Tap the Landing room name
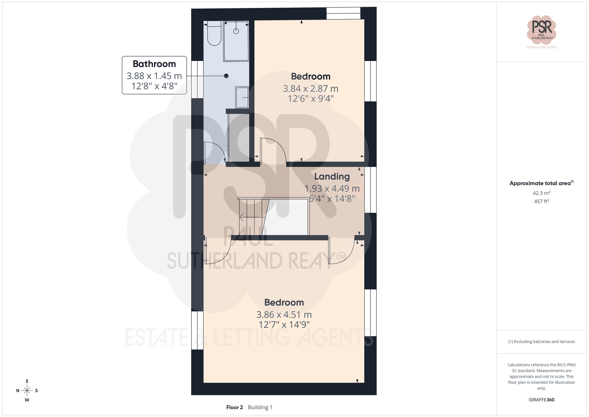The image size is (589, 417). [x=332, y=177]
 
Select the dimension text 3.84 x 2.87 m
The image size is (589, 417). [x=310, y=88]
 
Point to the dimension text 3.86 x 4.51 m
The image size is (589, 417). [x=284, y=314]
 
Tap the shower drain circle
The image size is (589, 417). [x=236, y=31]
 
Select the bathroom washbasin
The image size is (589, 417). [x=242, y=97]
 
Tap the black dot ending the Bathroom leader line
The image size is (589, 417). [x=226, y=76]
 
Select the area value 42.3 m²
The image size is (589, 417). [x=541, y=193]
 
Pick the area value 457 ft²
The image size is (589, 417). [x=541, y=201]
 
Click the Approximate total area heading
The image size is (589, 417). [x=541, y=183]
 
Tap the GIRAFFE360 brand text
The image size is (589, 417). [x=541, y=400]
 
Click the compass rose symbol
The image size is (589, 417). [x=27, y=391]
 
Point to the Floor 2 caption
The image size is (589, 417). [x=234, y=407]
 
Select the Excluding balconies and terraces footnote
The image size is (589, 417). [x=541, y=342]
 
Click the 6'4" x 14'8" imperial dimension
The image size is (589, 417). [x=332, y=199]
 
